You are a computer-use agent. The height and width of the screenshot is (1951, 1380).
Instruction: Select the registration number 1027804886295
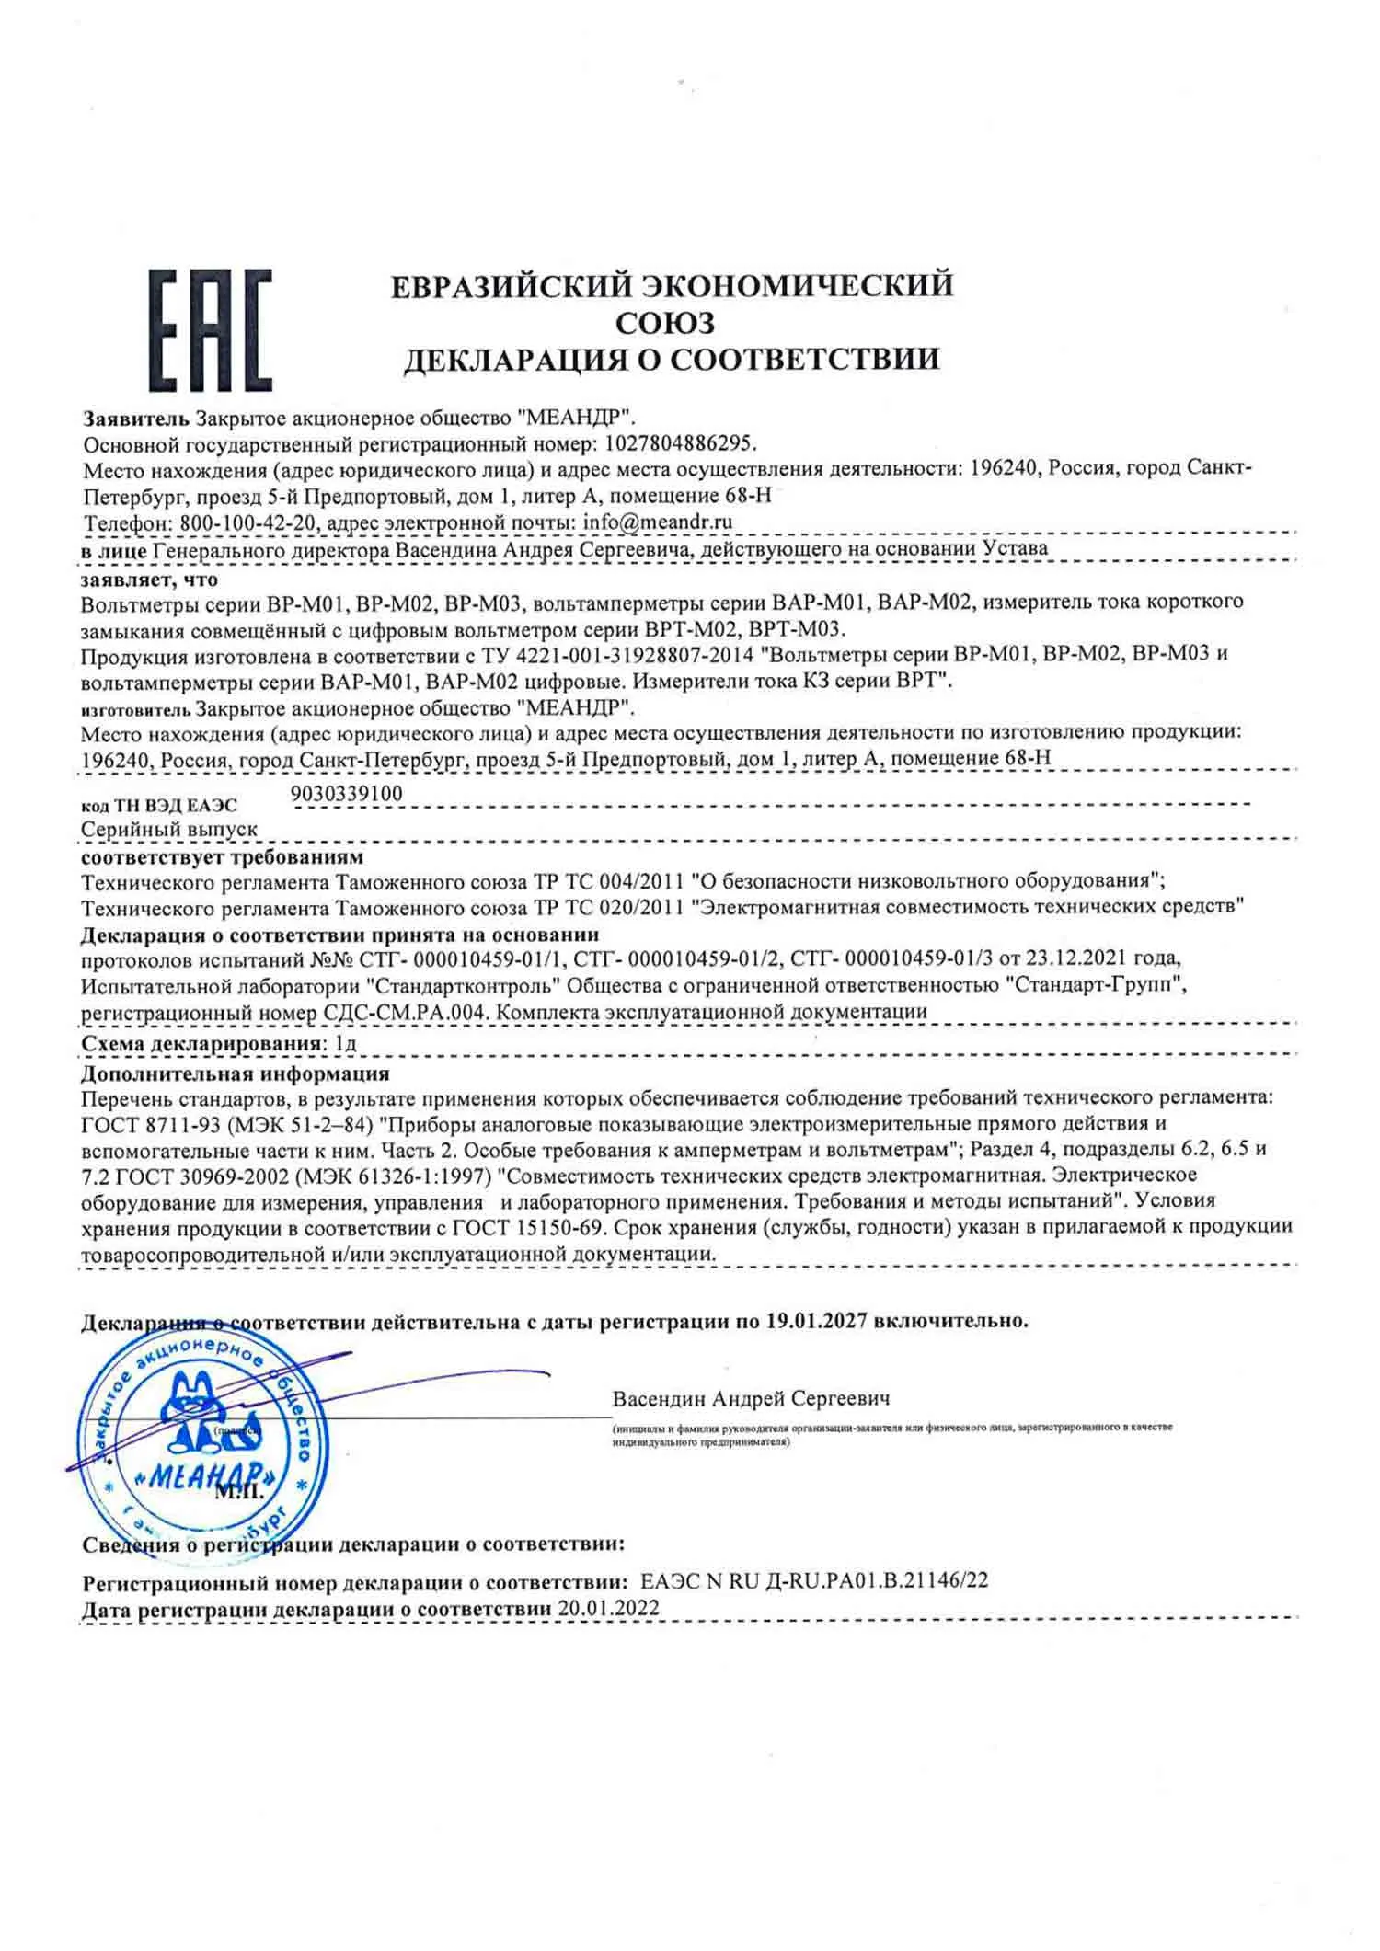click(681, 443)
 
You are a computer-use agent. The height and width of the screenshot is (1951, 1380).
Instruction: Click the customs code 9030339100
click(346, 793)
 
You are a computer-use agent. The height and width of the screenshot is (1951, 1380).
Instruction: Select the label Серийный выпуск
click(169, 829)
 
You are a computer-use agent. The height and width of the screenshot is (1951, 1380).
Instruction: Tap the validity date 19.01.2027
click(815, 1322)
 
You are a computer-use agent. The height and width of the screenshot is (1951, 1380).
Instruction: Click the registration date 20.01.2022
click(608, 1608)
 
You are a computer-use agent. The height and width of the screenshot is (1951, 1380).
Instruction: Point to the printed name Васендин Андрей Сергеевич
click(751, 1398)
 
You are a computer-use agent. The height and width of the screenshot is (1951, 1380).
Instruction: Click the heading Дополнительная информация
click(235, 1073)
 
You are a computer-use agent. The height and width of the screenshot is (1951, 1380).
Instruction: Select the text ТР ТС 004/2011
click(608, 880)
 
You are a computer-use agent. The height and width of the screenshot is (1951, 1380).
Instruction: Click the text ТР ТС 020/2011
click(608, 907)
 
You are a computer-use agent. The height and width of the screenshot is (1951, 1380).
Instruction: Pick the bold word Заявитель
click(136, 418)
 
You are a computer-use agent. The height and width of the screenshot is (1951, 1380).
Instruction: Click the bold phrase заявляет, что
click(149, 580)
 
